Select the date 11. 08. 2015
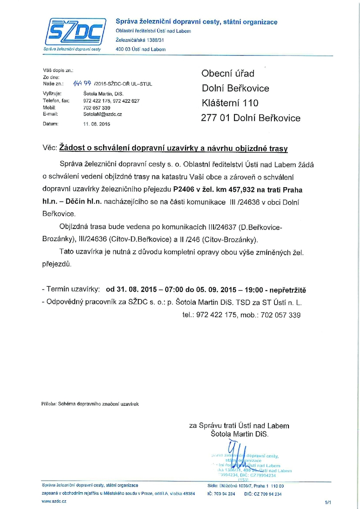(96, 124)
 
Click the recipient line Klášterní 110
(230, 103)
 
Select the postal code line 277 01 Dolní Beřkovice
(250, 118)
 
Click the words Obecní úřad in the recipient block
(228, 73)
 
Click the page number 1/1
(328, 502)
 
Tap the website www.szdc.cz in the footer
(54, 501)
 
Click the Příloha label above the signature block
(49, 404)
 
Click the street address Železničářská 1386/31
(140, 40)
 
